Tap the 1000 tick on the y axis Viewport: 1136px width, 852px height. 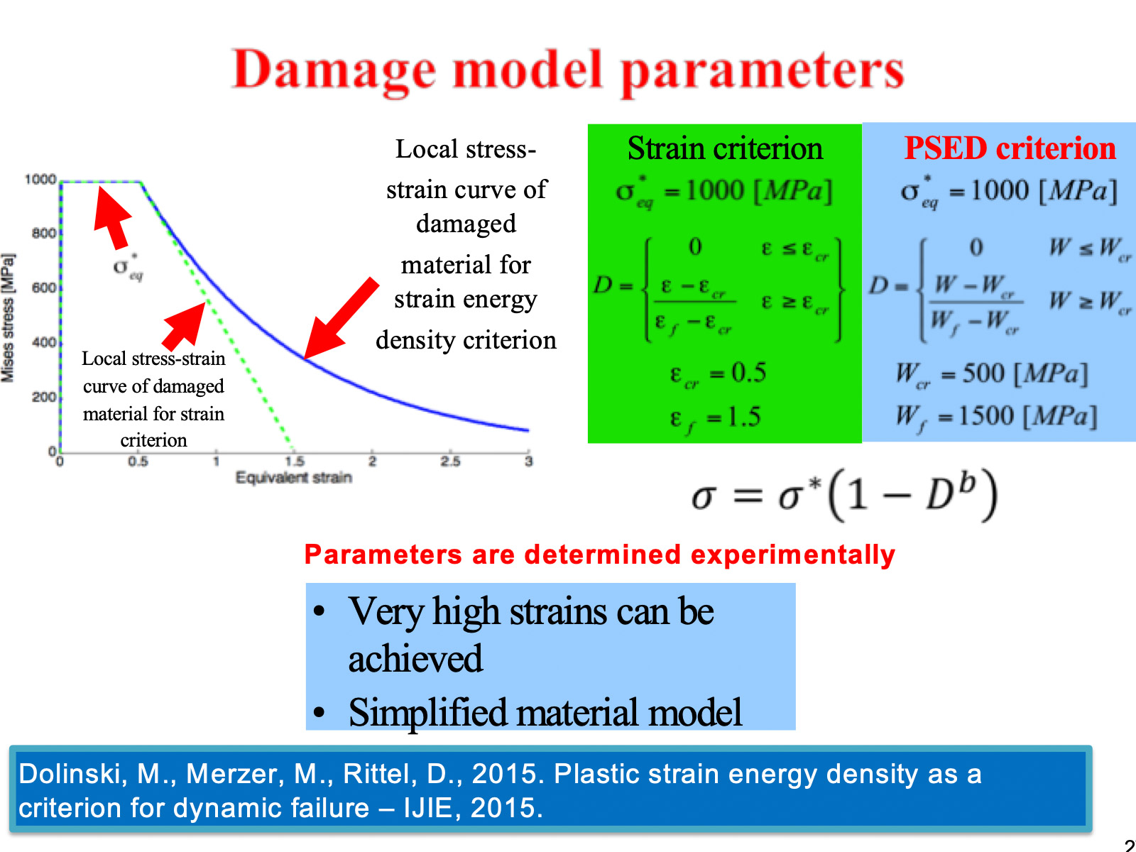tap(40, 180)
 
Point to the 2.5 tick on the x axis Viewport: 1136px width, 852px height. tap(449, 461)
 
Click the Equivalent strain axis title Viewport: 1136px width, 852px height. tap(293, 477)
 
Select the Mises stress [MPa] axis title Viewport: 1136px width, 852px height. tap(8, 318)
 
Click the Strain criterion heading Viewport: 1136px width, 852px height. tap(725, 148)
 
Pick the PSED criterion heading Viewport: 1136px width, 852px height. tap(1010, 148)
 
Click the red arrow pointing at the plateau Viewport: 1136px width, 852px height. tap(113, 218)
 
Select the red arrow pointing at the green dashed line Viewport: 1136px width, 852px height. tap(184, 327)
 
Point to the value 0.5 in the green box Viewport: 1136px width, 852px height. tap(748, 373)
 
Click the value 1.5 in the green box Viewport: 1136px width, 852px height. tap(743, 417)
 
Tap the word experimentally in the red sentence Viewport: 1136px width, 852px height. tap(792, 555)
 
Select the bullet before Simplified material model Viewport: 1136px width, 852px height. tap(319, 712)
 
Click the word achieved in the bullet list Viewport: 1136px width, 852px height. tap(415, 659)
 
